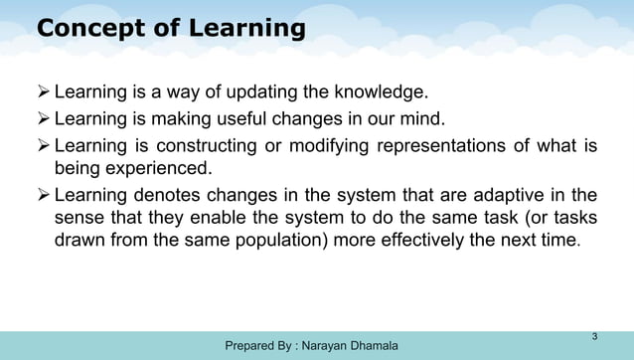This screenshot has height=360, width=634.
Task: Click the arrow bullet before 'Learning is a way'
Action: point(43,94)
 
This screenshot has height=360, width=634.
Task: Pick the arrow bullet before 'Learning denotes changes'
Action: point(43,195)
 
